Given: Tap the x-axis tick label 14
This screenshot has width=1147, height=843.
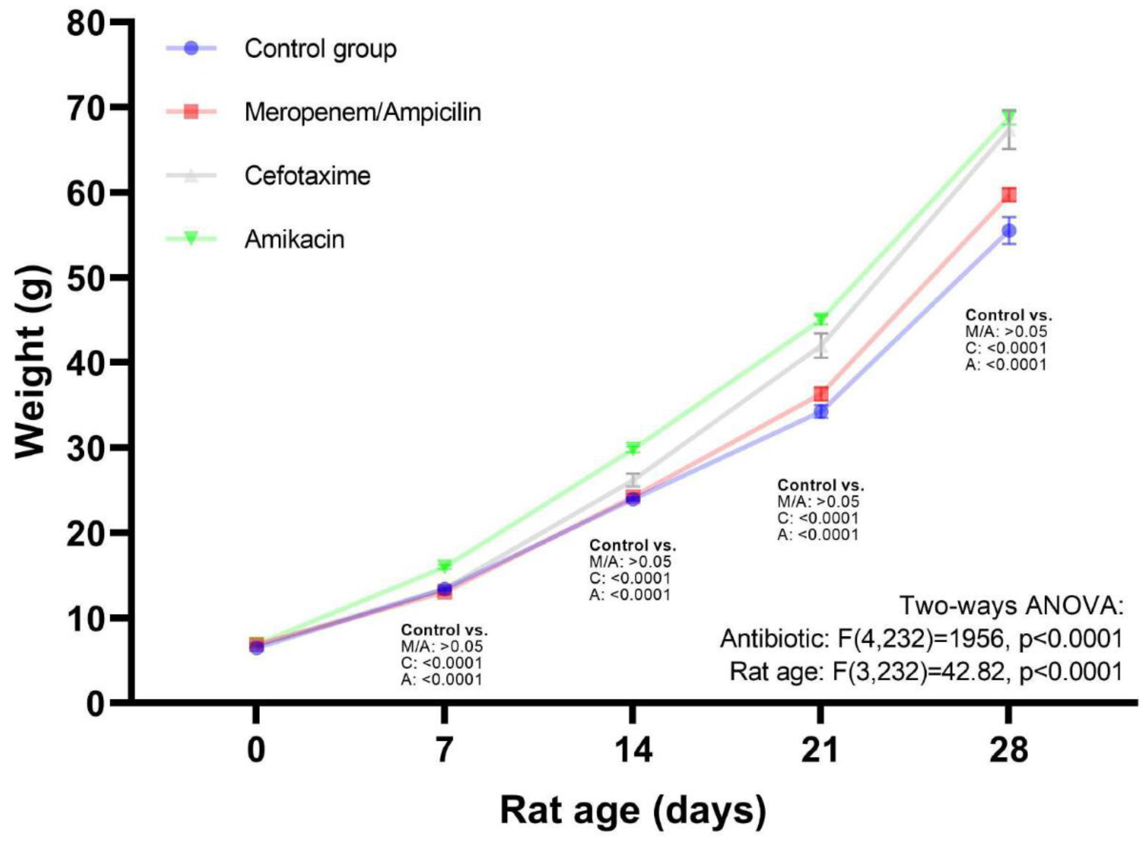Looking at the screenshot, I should click(x=633, y=751).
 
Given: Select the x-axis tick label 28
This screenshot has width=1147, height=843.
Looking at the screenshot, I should click(x=1008, y=751).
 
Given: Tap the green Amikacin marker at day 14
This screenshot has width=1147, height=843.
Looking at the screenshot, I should click(x=633, y=449).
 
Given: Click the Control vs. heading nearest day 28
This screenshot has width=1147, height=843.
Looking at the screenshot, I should click(x=1009, y=315).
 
